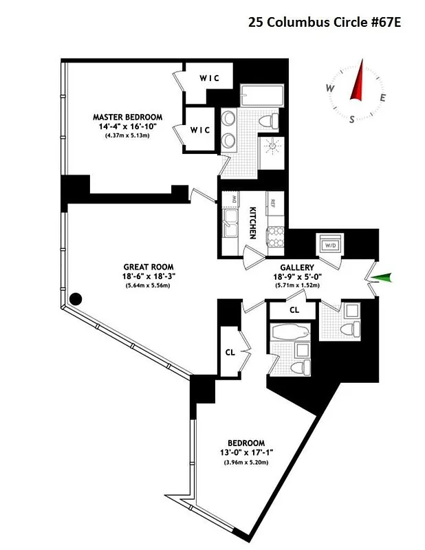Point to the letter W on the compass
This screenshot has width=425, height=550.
point(330,89)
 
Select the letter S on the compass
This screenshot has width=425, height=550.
point(352,118)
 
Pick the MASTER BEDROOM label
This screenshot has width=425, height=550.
point(127,117)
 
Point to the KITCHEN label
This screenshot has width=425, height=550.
point(253,223)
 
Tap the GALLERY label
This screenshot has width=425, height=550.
point(298,267)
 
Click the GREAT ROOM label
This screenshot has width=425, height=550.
point(149,267)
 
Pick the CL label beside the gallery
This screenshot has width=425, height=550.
point(294,310)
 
